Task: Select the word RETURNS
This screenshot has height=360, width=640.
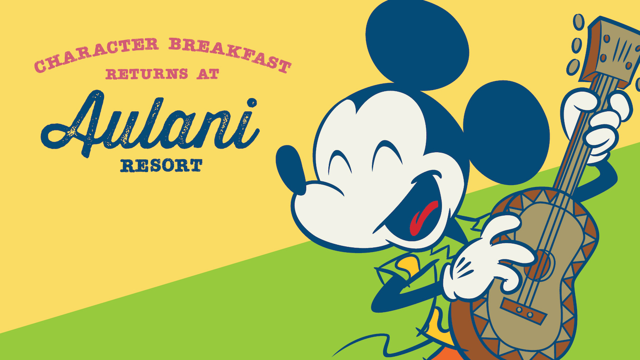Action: (x=147, y=74)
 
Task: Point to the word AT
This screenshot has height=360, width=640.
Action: (x=207, y=74)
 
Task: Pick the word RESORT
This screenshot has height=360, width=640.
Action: (x=161, y=165)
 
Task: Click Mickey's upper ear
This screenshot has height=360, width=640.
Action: (x=417, y=44)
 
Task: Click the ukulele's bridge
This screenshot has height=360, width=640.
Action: (x=523, y=311)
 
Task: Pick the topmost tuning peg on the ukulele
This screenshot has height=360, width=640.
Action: (x=579, y=22)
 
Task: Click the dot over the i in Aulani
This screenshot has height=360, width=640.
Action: (x=252, y=103)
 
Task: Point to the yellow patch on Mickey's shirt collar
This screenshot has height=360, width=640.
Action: (x=407, y=265)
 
